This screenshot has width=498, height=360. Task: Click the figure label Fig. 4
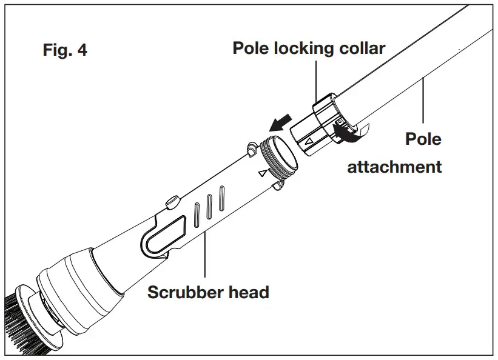click(x=65, y=50)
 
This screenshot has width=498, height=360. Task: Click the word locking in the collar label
click(x=302, y=48)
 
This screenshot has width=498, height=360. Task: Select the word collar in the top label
click(x=362, y=48)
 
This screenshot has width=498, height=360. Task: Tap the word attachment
click(x=394, y=167)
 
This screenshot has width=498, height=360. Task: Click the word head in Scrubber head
click(x=249, y=292)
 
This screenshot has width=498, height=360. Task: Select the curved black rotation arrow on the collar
click(x=352, y=135)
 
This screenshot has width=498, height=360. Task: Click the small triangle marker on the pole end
click(x=309, y=142)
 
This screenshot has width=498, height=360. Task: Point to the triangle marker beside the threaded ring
click(x=262, y=173)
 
